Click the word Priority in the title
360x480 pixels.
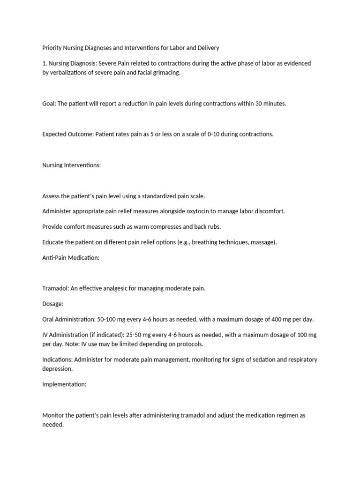click(52, 48)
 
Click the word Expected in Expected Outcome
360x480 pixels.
click(55, 134)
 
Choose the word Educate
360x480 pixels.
click(53, 242)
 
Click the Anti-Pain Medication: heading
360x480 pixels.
click(71, 257)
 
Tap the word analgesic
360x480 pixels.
click(113, 288)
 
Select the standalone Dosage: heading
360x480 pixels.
click(53, 304)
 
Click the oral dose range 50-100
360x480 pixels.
click(107, 319)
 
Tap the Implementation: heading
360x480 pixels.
click(65, 384)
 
